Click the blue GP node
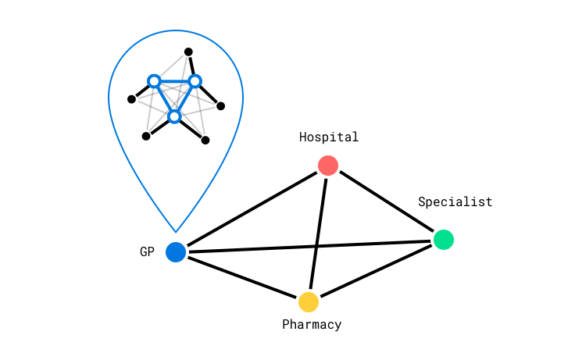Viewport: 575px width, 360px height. coord(176,252)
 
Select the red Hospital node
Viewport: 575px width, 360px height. coord(328,166)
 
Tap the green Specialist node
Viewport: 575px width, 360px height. coord(443,240)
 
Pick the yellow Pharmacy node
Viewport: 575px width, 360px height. coord(309,301)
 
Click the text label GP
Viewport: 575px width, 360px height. coord(147,252)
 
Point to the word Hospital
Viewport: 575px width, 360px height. coord(329,137)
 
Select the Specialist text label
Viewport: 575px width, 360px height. coord(455,202)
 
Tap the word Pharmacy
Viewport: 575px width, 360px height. coord(312,325)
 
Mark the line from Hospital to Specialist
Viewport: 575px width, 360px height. coord(385,202)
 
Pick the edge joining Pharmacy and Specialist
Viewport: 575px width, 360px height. coord(376,270)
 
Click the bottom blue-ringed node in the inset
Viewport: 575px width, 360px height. coord(174,116)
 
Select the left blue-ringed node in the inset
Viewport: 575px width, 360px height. coord(154,81)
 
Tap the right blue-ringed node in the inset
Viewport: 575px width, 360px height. coord(195,81)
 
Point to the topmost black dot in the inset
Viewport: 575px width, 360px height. coord(188,52)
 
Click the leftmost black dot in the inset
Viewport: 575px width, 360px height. coord(131,99)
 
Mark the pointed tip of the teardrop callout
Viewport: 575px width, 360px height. coord(176,231)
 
